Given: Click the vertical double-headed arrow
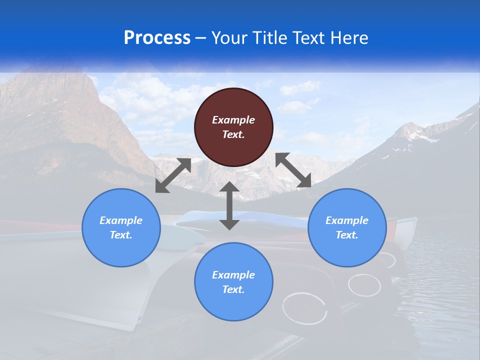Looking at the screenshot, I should tap(229, 205).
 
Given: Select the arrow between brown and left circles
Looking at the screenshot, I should tap(173, 175).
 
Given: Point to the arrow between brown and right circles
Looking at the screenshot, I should tap(293, 170).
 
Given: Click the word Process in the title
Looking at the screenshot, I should tap(157, 37).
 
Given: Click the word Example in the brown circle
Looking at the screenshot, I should tap(233, 120).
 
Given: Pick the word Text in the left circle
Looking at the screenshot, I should tap(121, 235).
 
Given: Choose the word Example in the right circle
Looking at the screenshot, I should tap(347, 220).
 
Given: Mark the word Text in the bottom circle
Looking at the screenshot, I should tap(233, 289).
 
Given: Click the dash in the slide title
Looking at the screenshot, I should tap(201, 38).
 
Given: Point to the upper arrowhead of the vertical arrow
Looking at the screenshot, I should tap(229, 187).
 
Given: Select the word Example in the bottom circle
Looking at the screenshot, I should tap(233, 275).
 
